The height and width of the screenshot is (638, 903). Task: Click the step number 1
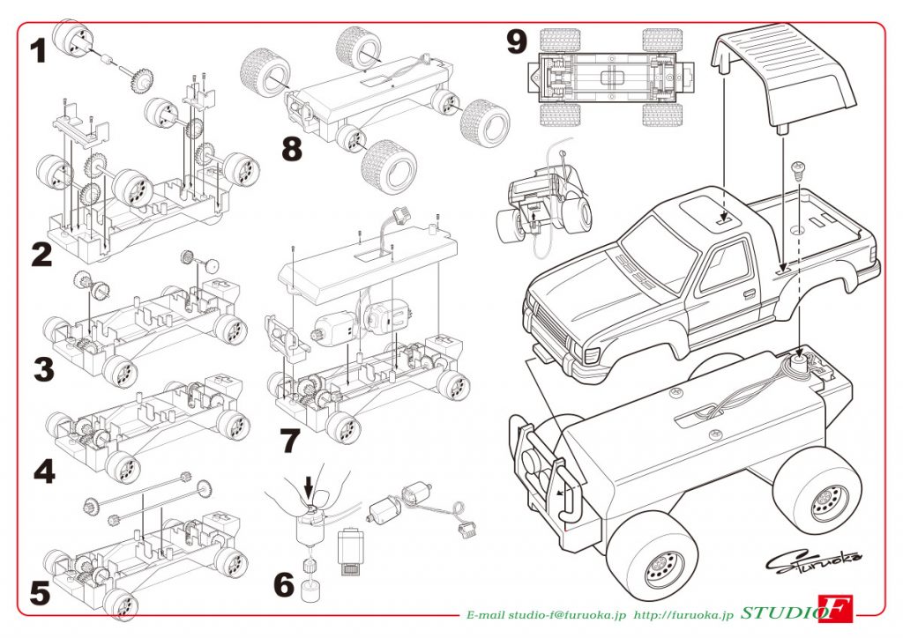[x=37, y=50]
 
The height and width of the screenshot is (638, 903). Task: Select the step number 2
[x=41, y=255]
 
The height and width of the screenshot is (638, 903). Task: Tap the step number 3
[x=43, y=369]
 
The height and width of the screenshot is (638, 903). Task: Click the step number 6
[x=283, y=583]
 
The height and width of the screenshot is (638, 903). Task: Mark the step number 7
[x=290, y=440]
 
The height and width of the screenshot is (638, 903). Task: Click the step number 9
[x=518, y=40]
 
